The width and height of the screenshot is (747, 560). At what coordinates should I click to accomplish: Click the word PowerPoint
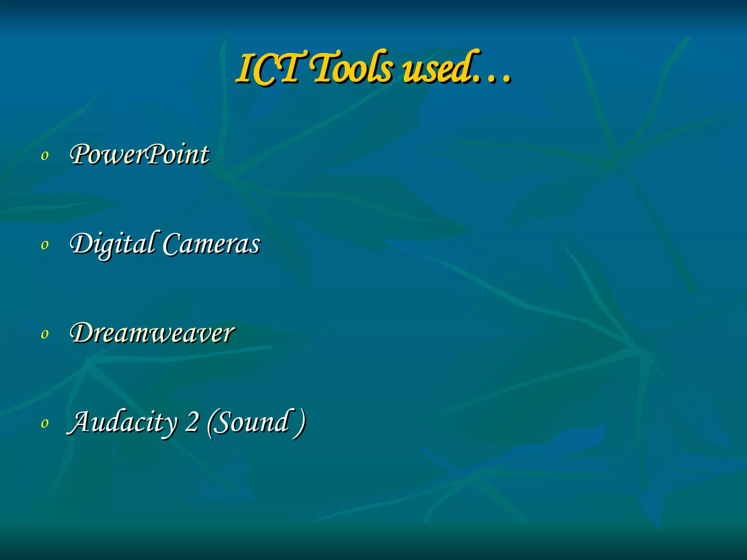pyautogui.click(x=140, y=155)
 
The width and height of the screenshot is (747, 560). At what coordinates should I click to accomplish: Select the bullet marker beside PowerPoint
pyautogui.click(x=44, y=156)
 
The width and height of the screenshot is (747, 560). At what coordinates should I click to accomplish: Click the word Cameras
pyautogui.click(x=211, y=244)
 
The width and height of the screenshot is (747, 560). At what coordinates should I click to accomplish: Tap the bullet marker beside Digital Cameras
pyautogui.click(x=44, y=245)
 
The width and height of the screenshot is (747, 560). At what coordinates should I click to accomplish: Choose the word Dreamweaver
pyautogui.click(x=152, y=333)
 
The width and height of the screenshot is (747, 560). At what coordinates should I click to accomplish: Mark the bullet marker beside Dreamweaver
pyautogui.click(x=44, y=334)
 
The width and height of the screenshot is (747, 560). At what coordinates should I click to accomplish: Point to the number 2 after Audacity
pyautogui.click(x=192, y=422)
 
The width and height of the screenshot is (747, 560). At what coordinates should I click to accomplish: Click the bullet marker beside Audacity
pyautogui.click(x=44, y=423)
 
